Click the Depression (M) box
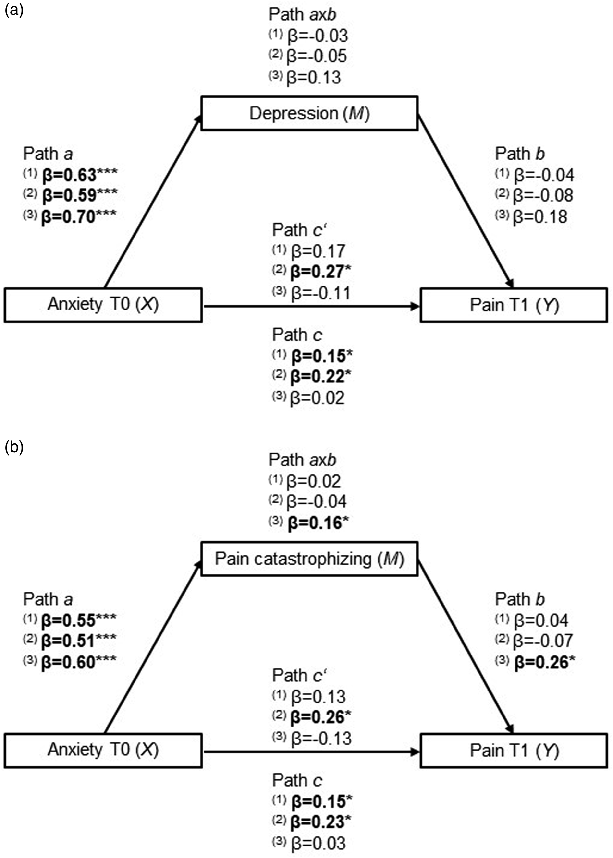tap(309, 113)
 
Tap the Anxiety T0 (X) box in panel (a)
tap(103, 305)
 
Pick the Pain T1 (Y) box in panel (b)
tap(514, 751)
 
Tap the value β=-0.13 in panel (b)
tap(321, 738)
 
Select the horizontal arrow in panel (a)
tap(311, 307)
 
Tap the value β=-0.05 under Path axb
tap(316, 56)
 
